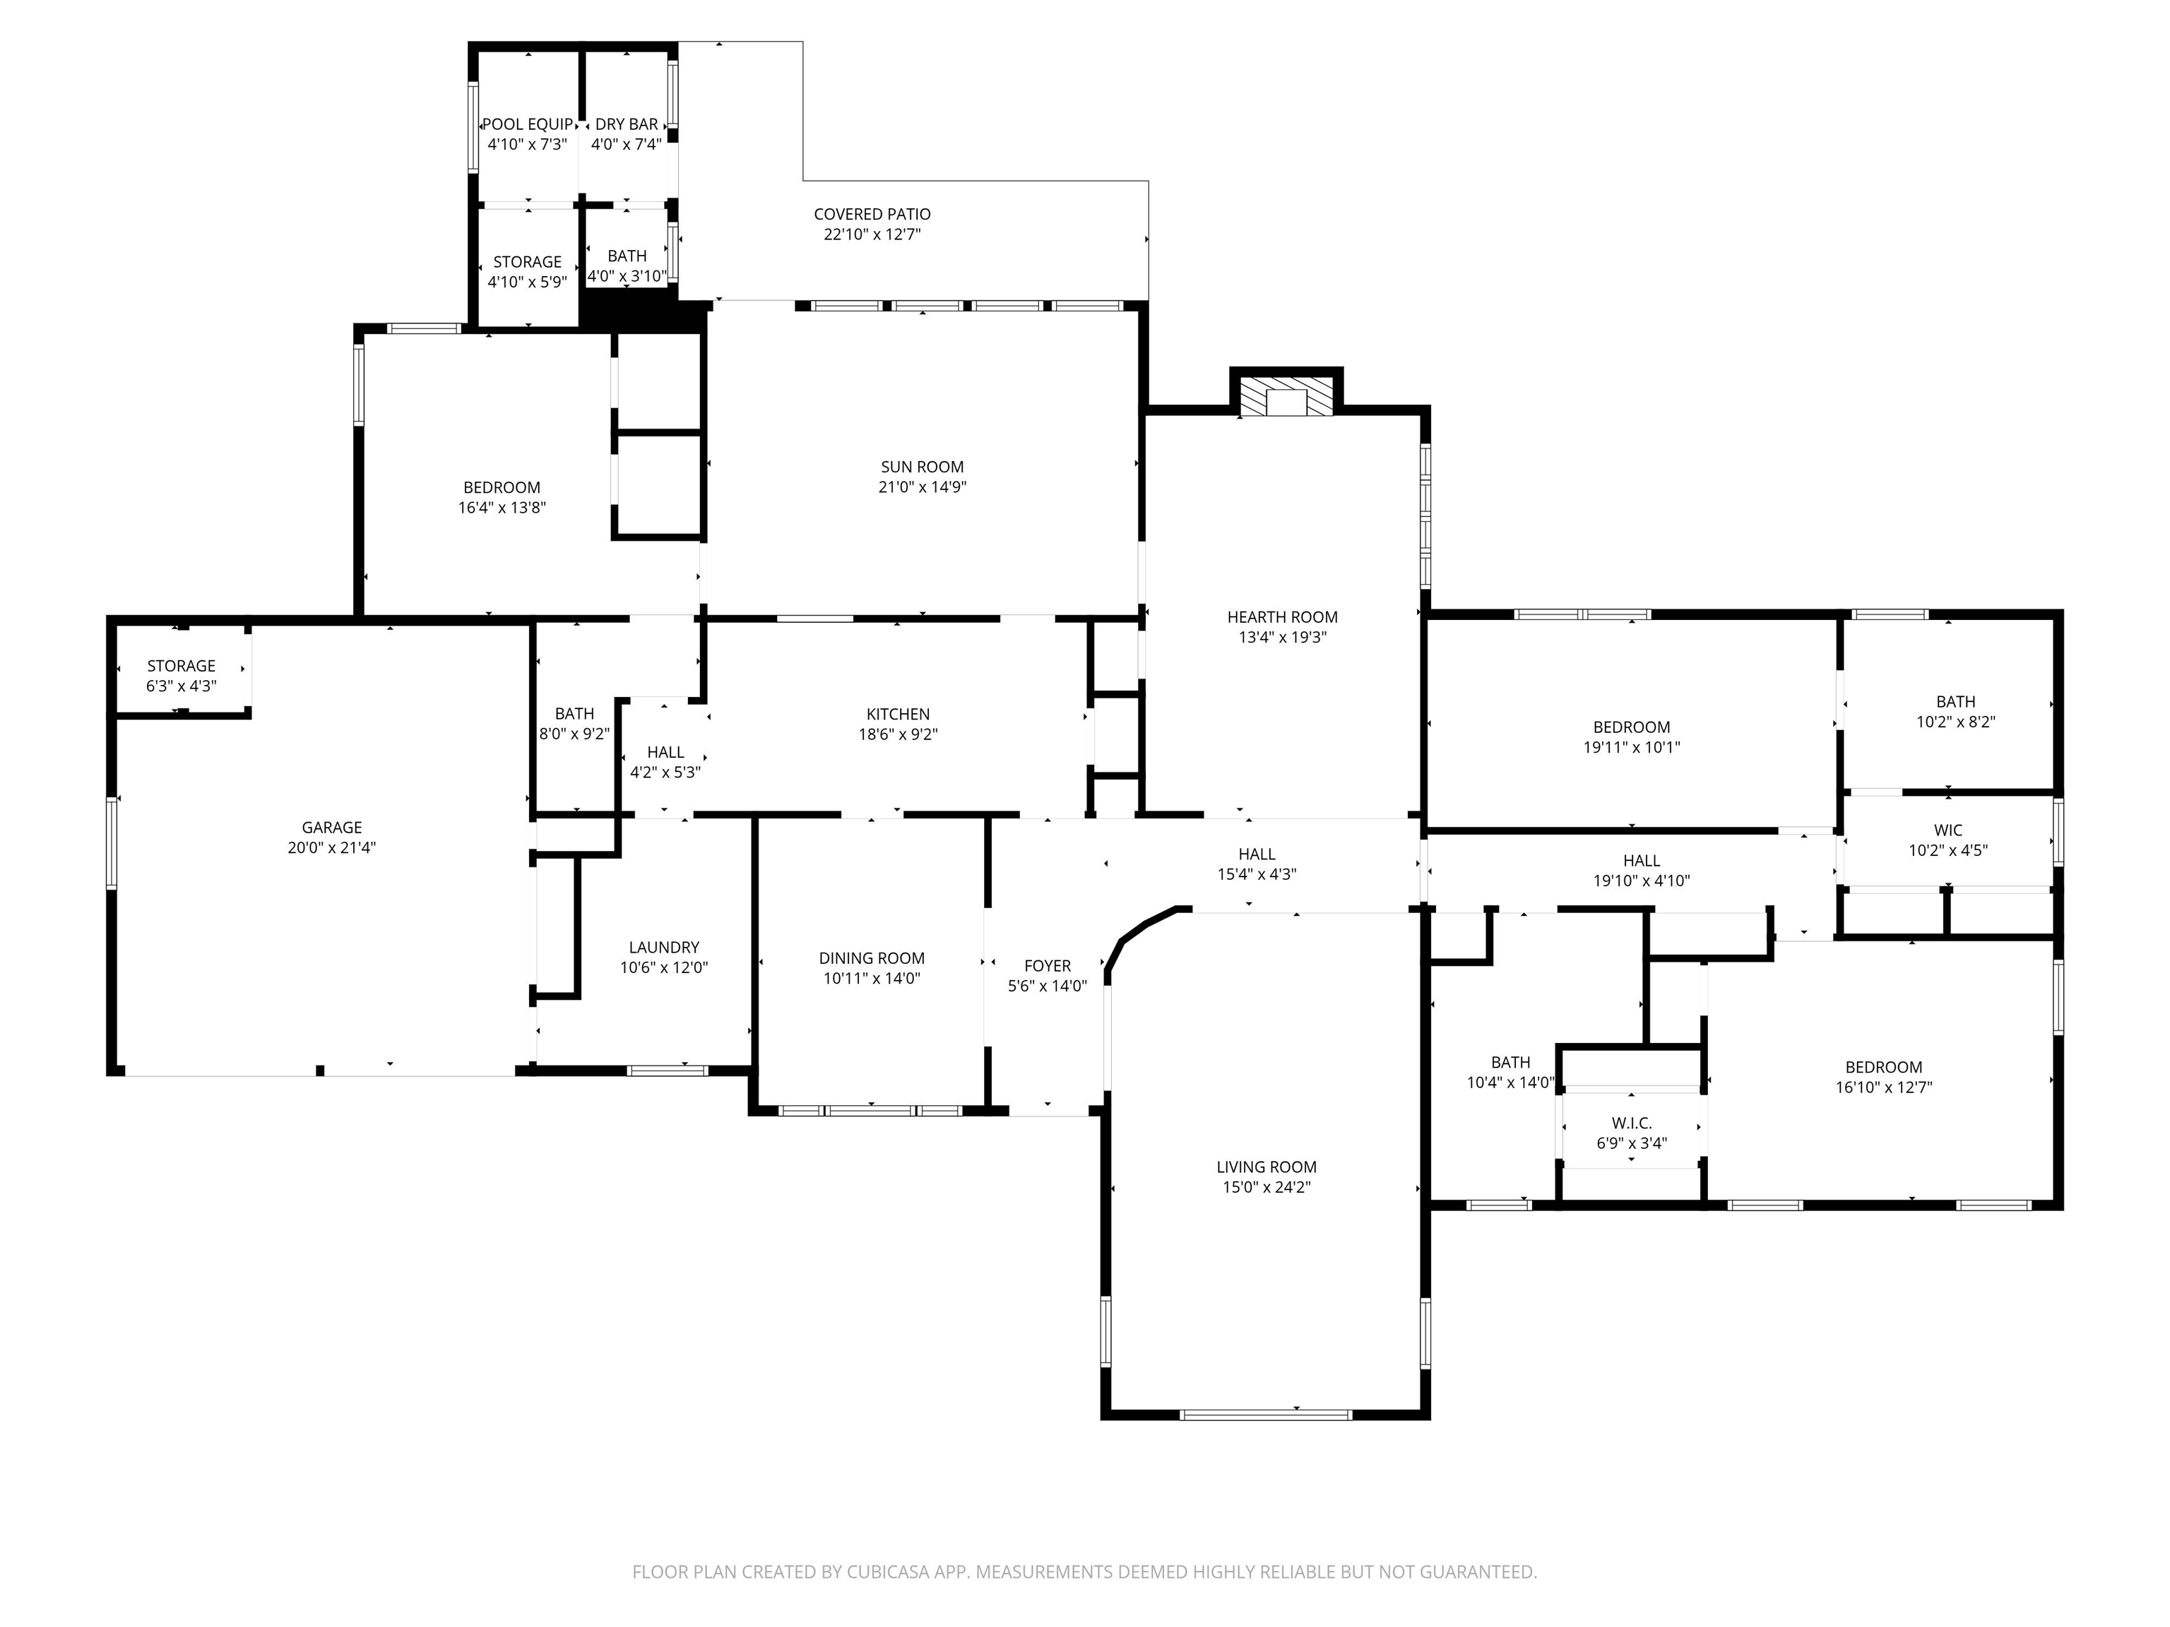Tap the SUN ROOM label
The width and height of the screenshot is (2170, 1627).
(922, 467)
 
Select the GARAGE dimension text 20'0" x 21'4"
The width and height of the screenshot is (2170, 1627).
(331, 847)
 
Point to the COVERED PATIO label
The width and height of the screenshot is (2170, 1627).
(872, 214)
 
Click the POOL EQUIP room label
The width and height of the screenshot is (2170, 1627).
(528, 124)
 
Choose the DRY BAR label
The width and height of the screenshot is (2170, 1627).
(627, 124)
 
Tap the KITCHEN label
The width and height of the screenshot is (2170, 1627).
(898, 714)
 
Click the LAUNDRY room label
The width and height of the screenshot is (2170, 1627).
(664, 948)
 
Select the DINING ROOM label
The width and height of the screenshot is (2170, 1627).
(872, 958)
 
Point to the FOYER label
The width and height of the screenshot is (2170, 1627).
(1048, 966)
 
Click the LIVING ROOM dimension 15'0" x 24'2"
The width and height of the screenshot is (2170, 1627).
(1267, 1186)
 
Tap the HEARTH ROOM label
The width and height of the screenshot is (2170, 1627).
(1282, 617)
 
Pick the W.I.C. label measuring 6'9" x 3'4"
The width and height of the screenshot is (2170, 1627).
(1632, 1123)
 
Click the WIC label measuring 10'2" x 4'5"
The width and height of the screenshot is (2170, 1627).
(1948, 830)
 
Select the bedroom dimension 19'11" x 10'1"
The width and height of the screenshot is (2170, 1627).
(1632, 747)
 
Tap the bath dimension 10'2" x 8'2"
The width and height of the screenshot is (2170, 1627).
(1956, 722)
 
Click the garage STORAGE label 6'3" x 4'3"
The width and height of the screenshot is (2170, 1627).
(182, 666)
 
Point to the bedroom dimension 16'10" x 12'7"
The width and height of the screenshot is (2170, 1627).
(1883, 1087)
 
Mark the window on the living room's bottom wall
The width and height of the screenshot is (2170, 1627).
(1266, 1414)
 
